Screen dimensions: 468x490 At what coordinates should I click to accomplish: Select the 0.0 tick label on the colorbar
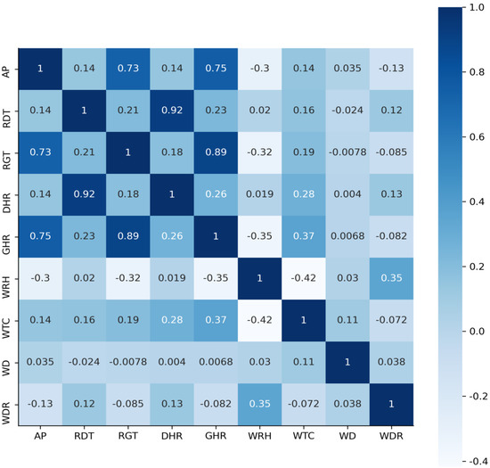(472, 331)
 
